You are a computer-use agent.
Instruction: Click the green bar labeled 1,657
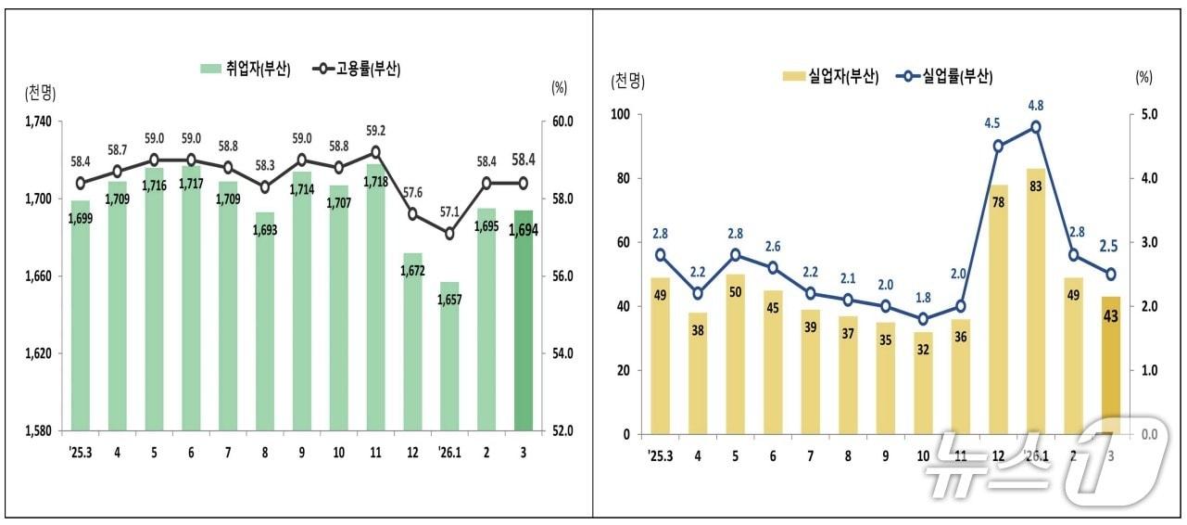coord(449,356)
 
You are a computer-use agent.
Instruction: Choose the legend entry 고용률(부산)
coord(358,69)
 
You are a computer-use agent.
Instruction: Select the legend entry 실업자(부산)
coord(830,77)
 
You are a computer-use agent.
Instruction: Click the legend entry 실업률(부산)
coord(943,77)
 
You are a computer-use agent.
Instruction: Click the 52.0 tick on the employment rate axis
coord(563,431)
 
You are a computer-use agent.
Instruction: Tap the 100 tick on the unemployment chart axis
coord(619,114)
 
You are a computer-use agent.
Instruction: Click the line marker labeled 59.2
coord(375,151)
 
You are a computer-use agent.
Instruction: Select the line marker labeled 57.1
coord(449,234)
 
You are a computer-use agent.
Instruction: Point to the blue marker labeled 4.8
coord(1036,127)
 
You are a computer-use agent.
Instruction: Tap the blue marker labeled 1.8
coord(924,319)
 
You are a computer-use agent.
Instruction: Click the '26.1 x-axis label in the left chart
coord(449,454)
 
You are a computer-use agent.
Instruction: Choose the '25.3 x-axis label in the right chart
coord(661,456)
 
